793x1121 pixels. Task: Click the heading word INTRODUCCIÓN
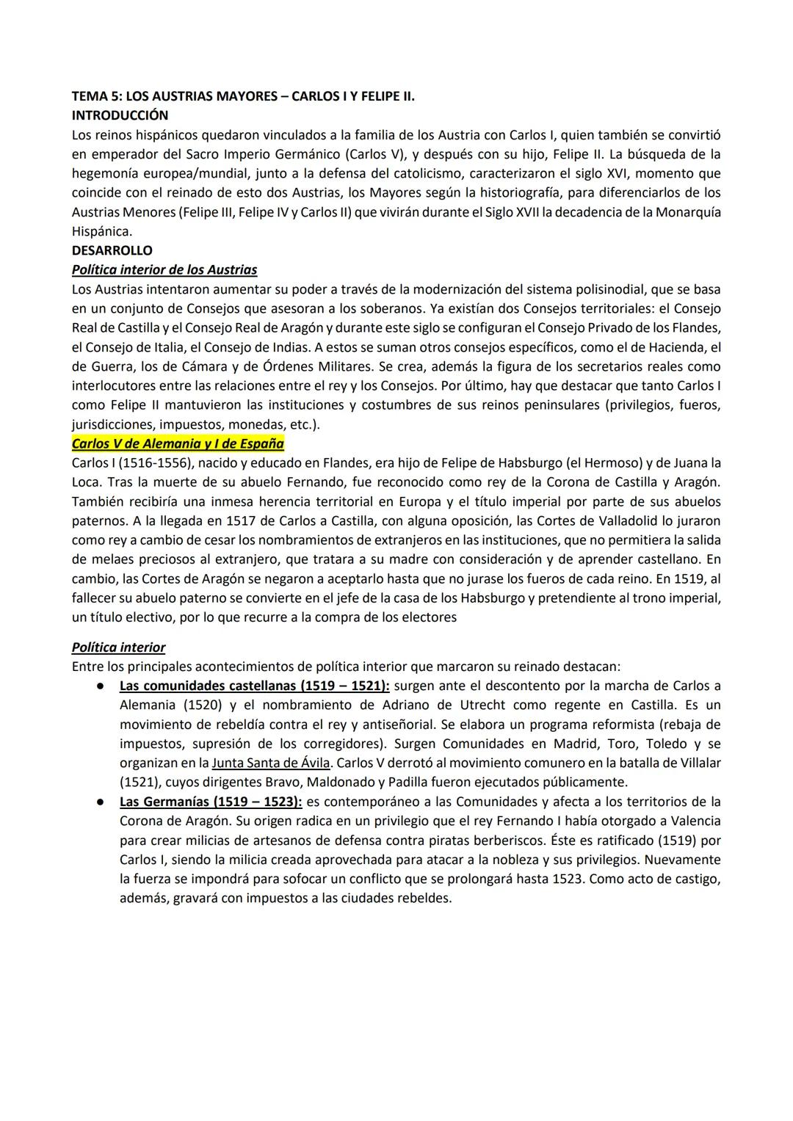point(120,115)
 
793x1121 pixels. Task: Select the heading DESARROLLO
point(112,250)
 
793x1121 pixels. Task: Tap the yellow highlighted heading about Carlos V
point(178,443)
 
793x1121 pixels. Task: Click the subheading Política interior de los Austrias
point(164,269)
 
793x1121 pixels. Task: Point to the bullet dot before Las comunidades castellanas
point(97,686)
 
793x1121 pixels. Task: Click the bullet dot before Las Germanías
point(97,802)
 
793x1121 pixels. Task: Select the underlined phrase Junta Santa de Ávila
point(270,763)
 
